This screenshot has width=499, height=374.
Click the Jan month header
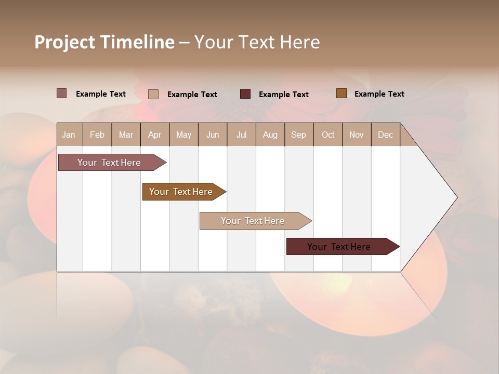[69, 135]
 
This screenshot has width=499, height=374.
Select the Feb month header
[97, 135]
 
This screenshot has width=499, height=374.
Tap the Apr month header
[155, 135]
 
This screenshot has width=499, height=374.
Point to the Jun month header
[213, 135]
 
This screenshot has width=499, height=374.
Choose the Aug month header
[270, 135]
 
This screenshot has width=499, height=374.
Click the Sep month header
[299, 135]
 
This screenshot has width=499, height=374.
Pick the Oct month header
[328, 135]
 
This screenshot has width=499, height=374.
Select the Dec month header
[386, 135]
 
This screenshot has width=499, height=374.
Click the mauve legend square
[62, 94]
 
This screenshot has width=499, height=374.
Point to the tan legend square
[153, 94]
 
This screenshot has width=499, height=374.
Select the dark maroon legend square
[245, 94]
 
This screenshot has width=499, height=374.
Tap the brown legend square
[342, 94]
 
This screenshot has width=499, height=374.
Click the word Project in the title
[65, 42]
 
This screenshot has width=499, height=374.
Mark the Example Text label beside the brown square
[379, 94]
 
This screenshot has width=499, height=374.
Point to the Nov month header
[357, 135]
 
